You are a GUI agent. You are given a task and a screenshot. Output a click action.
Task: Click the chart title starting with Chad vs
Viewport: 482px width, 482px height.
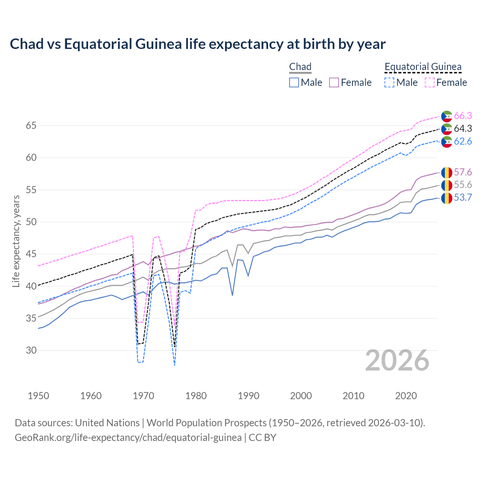198,44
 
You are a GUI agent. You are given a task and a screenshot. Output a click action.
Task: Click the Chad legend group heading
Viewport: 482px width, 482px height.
300,67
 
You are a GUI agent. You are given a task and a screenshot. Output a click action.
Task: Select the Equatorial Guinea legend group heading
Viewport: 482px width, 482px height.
423,67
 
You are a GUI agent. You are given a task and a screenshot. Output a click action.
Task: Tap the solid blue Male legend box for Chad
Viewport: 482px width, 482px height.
294,82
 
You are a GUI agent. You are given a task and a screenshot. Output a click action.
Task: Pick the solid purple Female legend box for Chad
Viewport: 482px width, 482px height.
334,82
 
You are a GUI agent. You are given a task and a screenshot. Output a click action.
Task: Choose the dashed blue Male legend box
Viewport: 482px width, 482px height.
389,82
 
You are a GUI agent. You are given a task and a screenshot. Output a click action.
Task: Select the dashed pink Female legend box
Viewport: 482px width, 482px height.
429,82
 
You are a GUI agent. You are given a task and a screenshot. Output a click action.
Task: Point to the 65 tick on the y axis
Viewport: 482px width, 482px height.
31,125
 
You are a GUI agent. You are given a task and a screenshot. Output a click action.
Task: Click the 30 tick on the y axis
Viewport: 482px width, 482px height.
31,350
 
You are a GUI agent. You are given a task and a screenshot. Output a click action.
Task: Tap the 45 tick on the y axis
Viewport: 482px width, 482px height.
31,254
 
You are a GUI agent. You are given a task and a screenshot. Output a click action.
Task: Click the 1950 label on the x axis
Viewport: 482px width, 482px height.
38,396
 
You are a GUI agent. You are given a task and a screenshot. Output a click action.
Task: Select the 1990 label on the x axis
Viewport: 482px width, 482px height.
249,396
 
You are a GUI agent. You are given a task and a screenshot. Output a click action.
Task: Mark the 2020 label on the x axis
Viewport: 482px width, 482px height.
406,396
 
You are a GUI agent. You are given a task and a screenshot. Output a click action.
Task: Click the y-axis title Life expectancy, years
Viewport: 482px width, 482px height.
16,241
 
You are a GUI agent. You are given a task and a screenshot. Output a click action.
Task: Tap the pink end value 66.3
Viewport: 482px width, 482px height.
463,116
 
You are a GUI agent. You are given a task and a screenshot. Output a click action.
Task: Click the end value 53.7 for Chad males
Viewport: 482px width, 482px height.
463,197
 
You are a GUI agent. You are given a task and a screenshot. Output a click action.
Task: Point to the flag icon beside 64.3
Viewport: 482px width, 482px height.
447,129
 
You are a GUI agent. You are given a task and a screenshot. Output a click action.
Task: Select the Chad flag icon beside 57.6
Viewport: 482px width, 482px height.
447,172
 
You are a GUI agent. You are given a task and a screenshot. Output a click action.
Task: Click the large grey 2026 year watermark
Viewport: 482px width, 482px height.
397,360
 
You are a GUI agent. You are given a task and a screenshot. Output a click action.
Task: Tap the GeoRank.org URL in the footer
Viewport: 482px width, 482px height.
128,438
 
